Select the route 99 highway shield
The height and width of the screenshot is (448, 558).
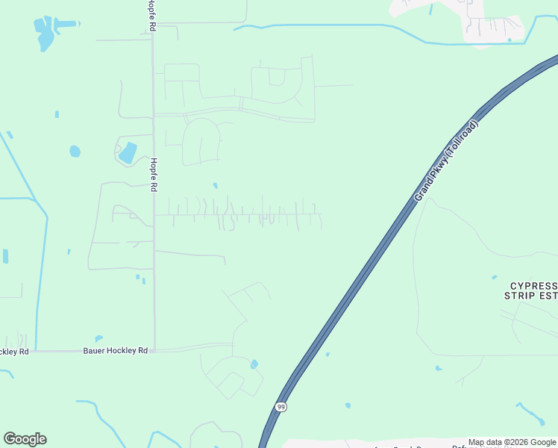click(x=280, y=407)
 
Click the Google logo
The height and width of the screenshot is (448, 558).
click(x=25, y=439)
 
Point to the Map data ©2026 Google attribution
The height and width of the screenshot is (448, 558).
click(x=512, y=443)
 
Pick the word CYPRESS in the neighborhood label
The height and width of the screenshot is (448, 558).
click(x=533, y=286)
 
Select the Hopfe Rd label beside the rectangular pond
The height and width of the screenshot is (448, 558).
click(x=153, y=175)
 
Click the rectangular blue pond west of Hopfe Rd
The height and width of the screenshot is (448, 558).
click(x=128, y=152)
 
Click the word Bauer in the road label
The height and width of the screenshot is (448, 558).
click(x=93, y=350)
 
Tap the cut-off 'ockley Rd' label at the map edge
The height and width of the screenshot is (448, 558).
click(x=13, y=351)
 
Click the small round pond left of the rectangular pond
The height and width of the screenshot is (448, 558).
click(x=75, y=152)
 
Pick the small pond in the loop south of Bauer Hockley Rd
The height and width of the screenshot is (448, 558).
click(x=254, y=364)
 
